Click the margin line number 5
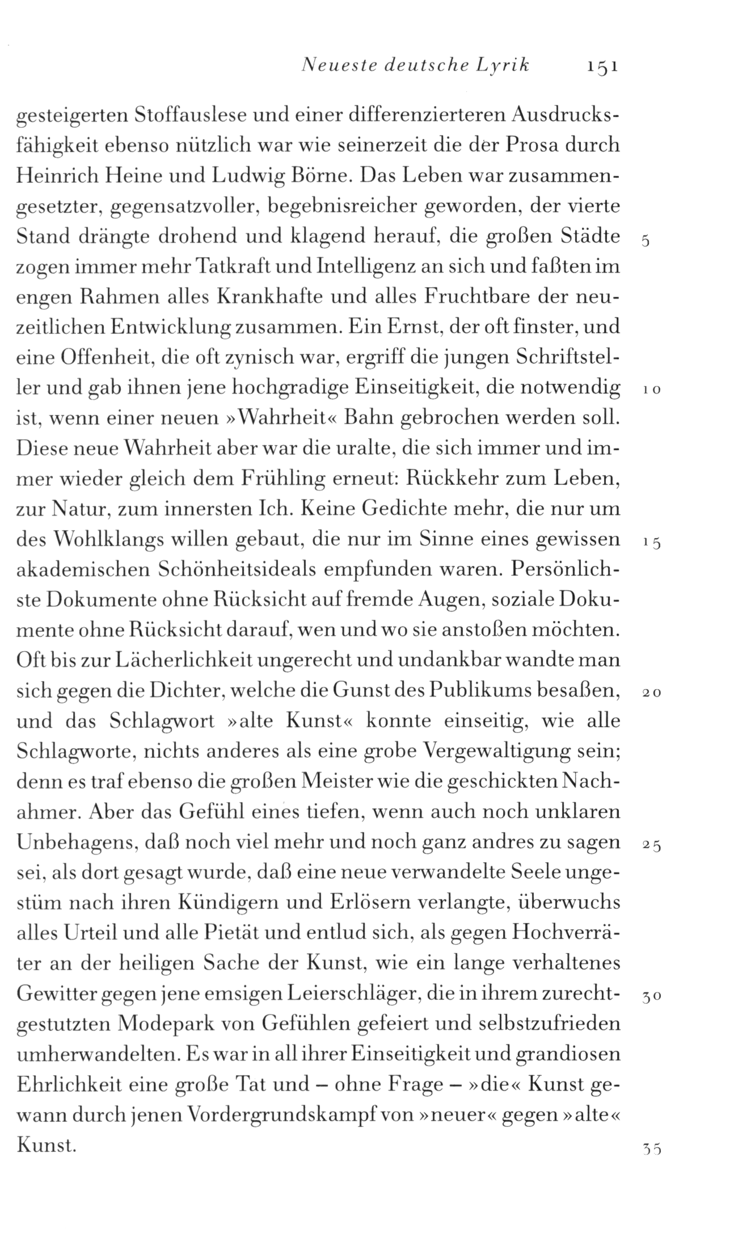point(645,241)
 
